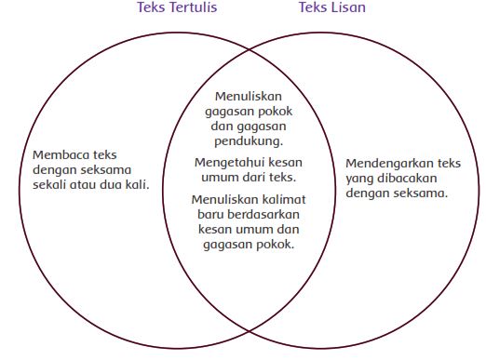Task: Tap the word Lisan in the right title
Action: [x=347, y=8]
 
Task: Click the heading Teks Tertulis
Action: [x=177, y=8]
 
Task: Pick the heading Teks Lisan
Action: [x=331, y=8]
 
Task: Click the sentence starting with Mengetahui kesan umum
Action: [x=248, y=168]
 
